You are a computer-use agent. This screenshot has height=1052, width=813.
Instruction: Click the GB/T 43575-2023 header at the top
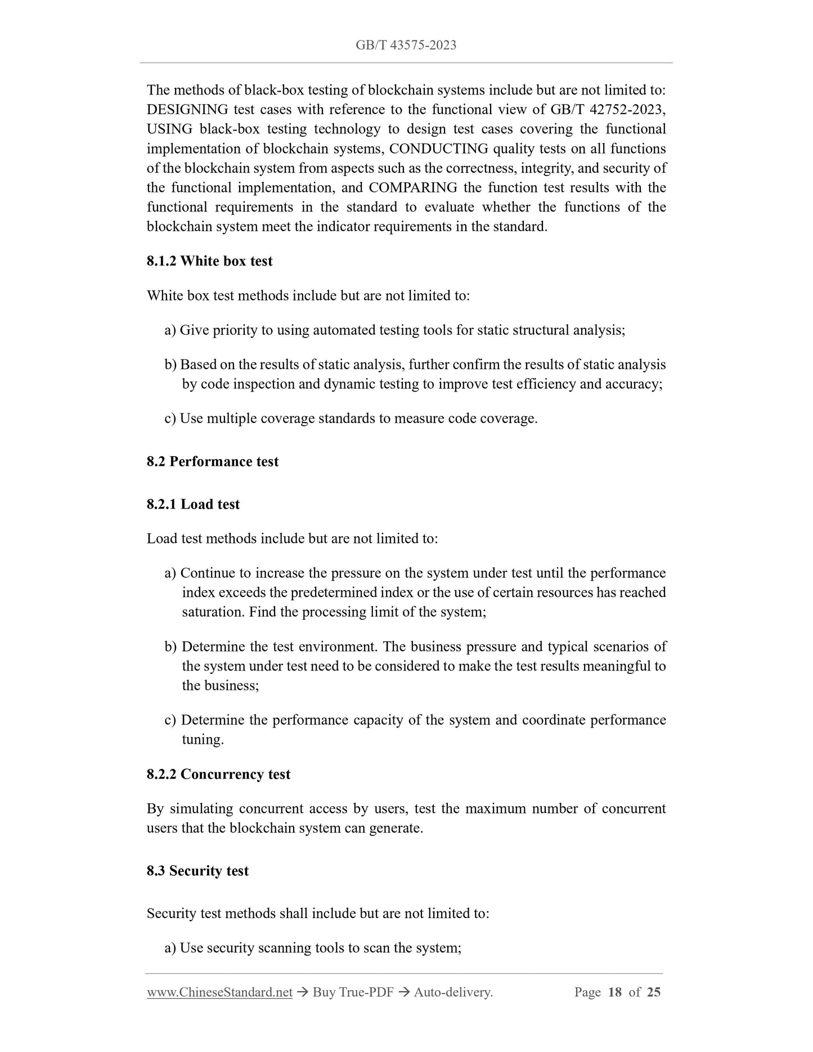(406, 45)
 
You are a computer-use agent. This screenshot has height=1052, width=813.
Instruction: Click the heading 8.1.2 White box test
(209, 261)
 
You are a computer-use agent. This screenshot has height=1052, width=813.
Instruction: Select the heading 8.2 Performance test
(213, 461)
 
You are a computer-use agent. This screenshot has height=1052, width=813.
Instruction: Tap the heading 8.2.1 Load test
(193, 504)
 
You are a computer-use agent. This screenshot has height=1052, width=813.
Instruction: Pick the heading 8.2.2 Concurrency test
(218, 774)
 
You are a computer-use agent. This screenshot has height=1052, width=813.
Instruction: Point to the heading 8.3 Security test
(197, 871)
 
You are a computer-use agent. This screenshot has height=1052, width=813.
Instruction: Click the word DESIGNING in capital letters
(187, 109)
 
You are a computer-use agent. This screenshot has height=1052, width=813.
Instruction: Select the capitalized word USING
(169, 129)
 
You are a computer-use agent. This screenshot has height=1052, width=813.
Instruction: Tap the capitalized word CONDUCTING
(438, 149)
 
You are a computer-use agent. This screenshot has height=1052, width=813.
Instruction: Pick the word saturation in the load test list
(213, 612)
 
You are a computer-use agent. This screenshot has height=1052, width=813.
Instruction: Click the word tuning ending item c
(202, 739)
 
